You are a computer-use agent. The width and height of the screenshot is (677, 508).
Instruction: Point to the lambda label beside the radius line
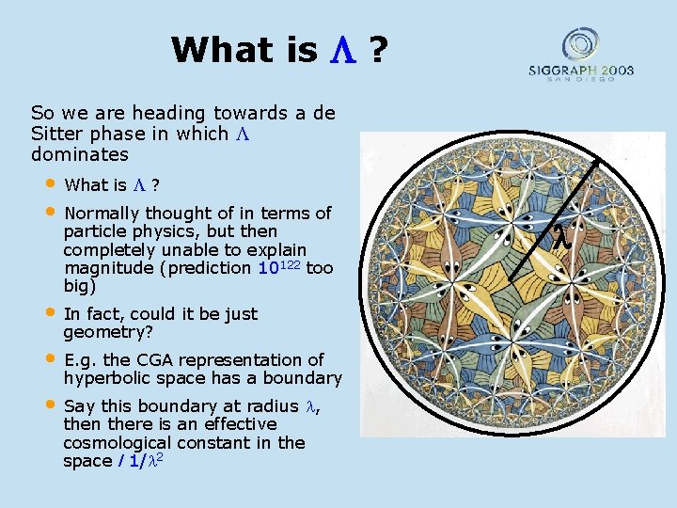click(x=560, y=238)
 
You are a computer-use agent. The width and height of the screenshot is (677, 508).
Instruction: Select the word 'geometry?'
click(x=107, y=332)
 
